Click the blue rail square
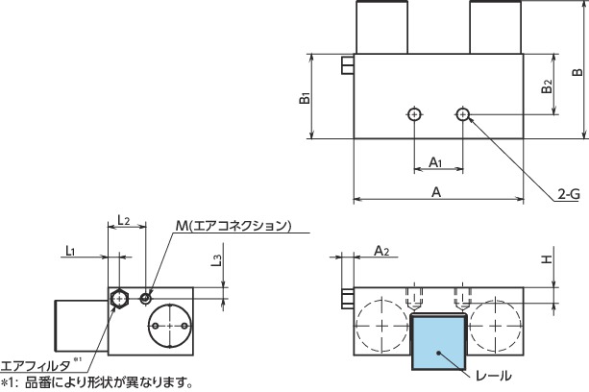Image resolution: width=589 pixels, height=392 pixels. pyautogui.click(x=438, y=343)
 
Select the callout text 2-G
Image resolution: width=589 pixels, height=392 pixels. pyautogui.click(x=569, y=221)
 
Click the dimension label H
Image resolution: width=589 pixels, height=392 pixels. pyautogui.click(x=545, y=260)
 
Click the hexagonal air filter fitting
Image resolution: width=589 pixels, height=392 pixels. pyautogui.click(x=119, y=299)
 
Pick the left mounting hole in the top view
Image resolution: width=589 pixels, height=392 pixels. pyautogui.click(x=413, y=115)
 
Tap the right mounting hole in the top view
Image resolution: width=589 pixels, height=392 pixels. pyautogui.click(x=463, y=115)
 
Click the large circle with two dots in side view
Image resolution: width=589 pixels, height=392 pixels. pyautogui.click(x=169, y=327)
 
